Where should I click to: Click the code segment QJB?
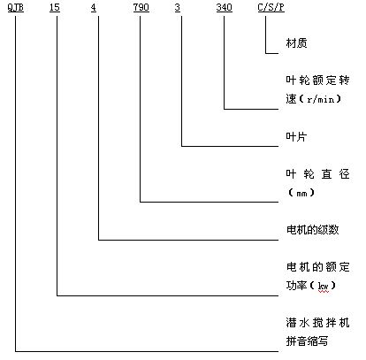pos(15,7)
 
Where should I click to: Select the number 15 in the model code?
pos(55,7)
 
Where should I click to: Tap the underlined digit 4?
pos(94,7)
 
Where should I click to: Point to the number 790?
pos(141,7)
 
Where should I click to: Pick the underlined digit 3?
pos(177,7)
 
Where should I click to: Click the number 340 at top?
pos(224,7)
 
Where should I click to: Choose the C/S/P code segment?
pos(271,7)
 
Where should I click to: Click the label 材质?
pos(296,43)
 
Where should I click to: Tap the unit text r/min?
pos(320,99)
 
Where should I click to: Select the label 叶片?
pos(296,136)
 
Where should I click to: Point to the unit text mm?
pos(301,194)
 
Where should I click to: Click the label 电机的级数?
pos(312,230)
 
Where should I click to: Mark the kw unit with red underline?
pos(324,286)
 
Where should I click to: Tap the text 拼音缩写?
pos(307,341)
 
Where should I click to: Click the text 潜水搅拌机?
pos(317,323)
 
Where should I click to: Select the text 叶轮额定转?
pos(317,80)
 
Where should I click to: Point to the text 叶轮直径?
pos(317,174)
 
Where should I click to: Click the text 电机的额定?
pos(317,267)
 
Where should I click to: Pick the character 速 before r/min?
pos(291,99)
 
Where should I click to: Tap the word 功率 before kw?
pos(296,286)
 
